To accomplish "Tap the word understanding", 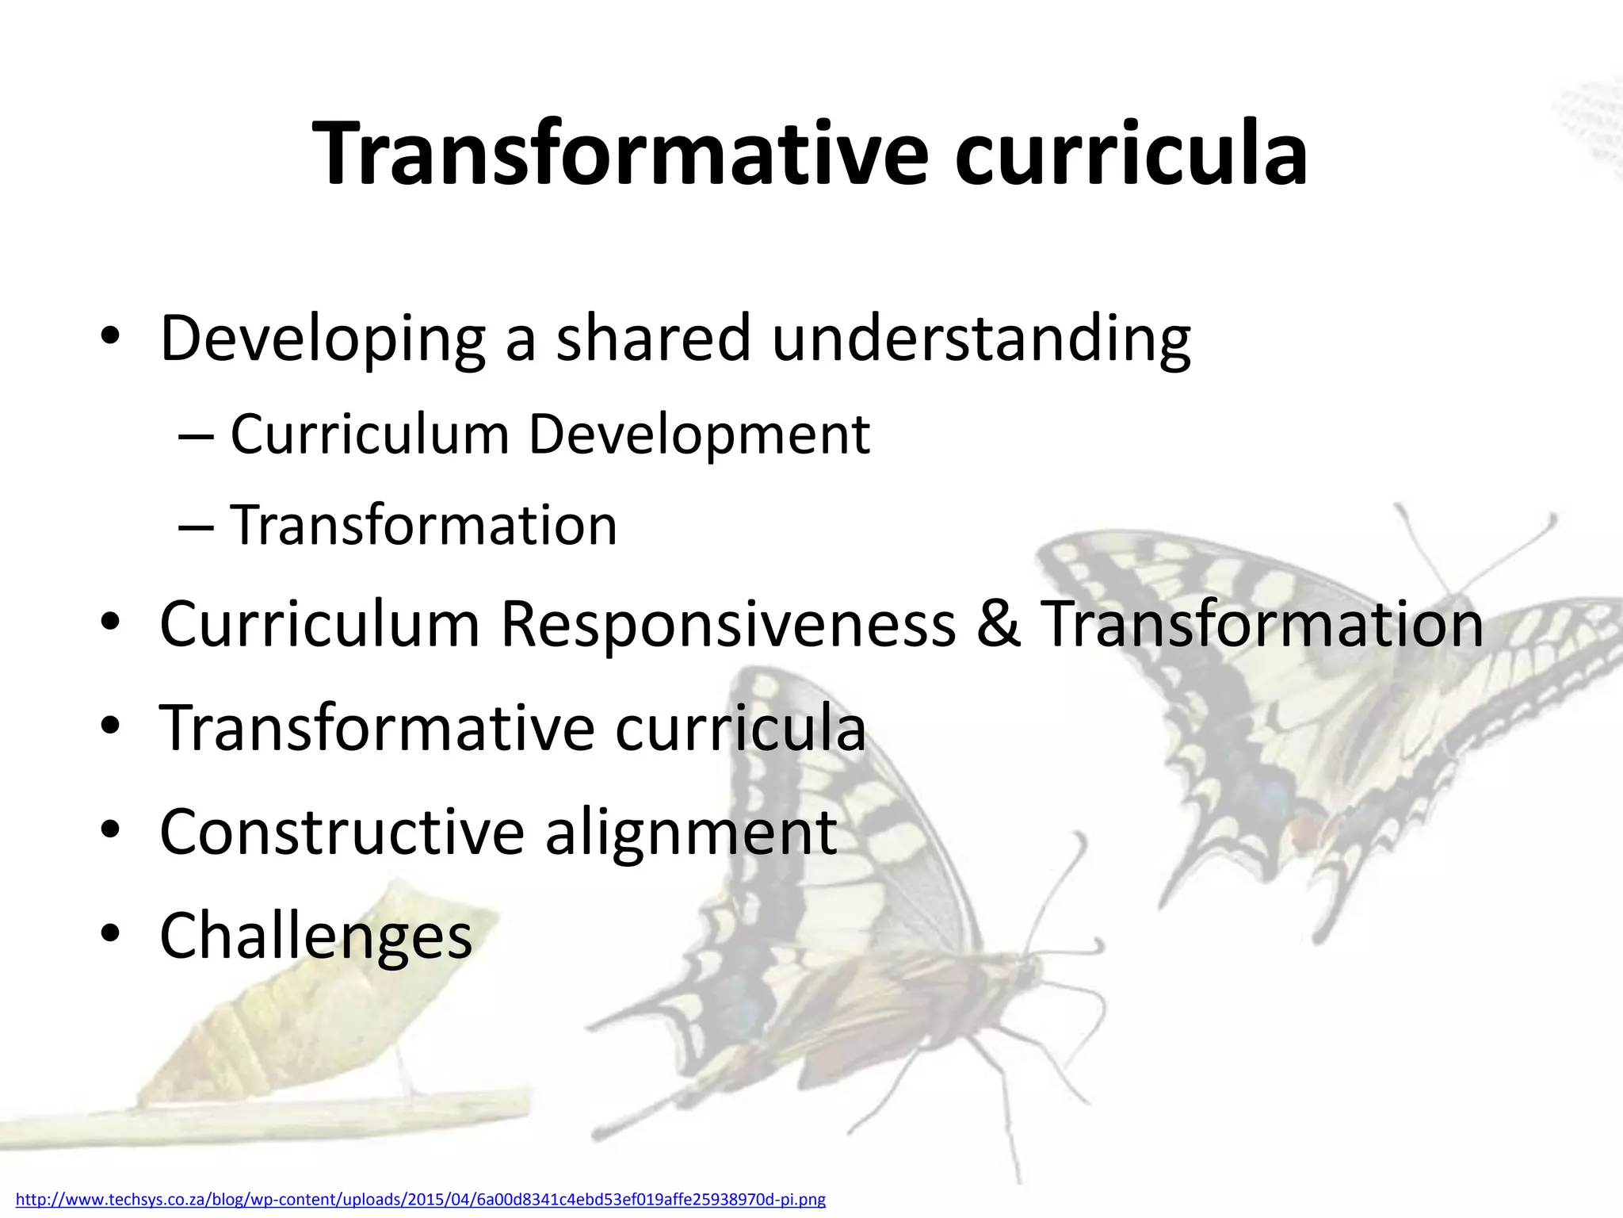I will [x=980, y=339].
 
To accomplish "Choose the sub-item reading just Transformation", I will [x=423, y=525].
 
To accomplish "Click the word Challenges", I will [x=315, y=936].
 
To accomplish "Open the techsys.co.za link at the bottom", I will [x=421, y=1200].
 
